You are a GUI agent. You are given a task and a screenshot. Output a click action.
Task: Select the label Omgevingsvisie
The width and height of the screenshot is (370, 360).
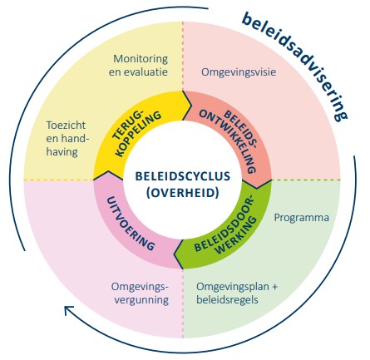coord(239,72)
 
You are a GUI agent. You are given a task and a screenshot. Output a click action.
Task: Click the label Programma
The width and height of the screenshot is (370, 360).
coord(301,218)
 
